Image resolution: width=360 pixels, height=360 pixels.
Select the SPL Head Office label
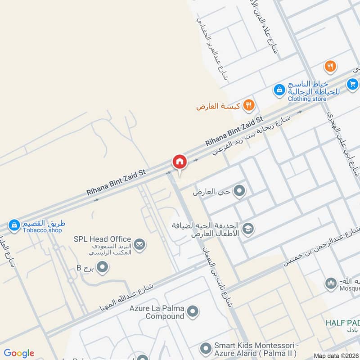102,239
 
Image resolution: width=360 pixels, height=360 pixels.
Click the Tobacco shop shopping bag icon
14,224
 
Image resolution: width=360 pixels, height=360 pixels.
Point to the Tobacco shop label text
42,230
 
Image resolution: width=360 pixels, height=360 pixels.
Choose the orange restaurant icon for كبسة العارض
248,106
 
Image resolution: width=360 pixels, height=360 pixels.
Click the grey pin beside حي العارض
239,191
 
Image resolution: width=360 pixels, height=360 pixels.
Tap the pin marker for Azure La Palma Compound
193,311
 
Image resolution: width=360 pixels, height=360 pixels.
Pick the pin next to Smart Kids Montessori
206,348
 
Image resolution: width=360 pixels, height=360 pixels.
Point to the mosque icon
331,283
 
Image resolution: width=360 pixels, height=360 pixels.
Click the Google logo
19,353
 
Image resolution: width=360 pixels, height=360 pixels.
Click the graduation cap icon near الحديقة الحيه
247,229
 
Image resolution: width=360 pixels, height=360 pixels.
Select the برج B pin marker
103,268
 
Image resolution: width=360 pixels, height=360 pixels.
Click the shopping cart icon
352,84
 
